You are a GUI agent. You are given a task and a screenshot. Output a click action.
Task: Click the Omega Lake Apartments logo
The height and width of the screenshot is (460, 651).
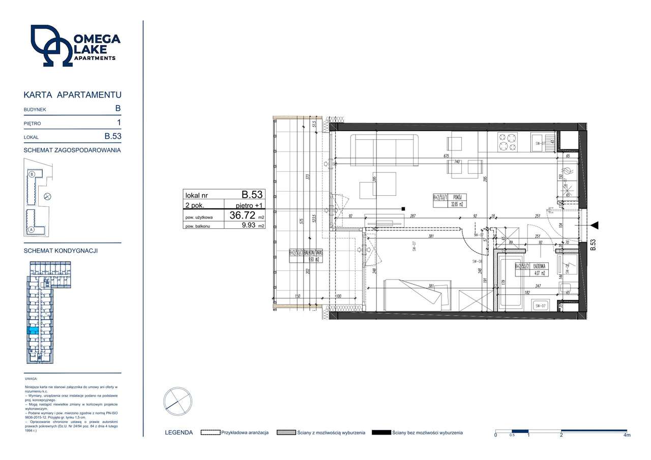pos(75,46)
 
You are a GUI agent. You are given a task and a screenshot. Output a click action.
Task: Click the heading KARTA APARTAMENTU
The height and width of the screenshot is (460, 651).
pos(72,95)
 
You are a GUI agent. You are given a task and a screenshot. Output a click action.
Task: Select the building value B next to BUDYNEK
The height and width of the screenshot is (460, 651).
pos(117,108)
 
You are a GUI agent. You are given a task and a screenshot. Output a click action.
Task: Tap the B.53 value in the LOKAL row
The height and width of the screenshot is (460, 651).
pos(113,136)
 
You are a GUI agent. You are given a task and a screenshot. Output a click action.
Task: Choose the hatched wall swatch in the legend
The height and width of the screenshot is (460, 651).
pos(286,433)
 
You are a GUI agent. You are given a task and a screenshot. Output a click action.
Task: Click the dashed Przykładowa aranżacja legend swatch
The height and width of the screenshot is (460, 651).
pos(211,433)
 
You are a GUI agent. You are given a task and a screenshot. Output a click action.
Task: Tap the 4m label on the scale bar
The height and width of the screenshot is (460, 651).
pos(627,436)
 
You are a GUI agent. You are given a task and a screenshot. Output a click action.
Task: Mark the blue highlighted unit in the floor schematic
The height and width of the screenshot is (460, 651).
pos(32,330)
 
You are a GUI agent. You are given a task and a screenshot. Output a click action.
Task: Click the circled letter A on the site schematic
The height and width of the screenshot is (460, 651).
pos(31,229)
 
